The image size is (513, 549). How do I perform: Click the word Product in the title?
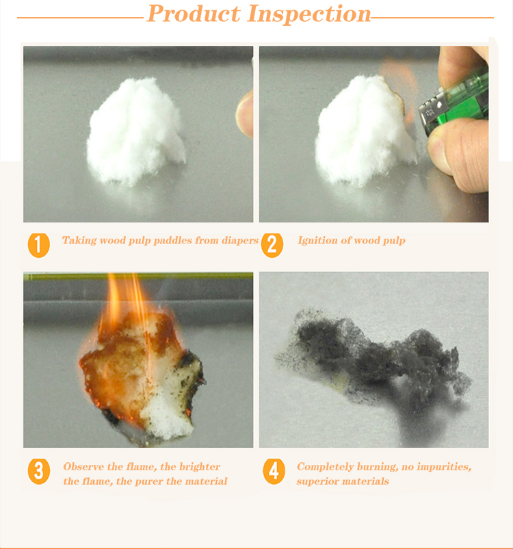coord(194,14)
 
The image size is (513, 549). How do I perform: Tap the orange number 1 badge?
coord(38,245)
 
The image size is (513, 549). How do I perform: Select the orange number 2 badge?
coord(272,245)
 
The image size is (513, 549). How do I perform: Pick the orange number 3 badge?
coord(38,471)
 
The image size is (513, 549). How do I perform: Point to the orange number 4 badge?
coord(274,471)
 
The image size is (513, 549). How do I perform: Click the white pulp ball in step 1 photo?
coord(135,131)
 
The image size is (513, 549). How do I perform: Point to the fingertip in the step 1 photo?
coord(245,113)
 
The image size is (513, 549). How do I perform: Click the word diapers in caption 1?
coord(240,241)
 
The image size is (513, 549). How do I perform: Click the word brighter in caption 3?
coord(200,467)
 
